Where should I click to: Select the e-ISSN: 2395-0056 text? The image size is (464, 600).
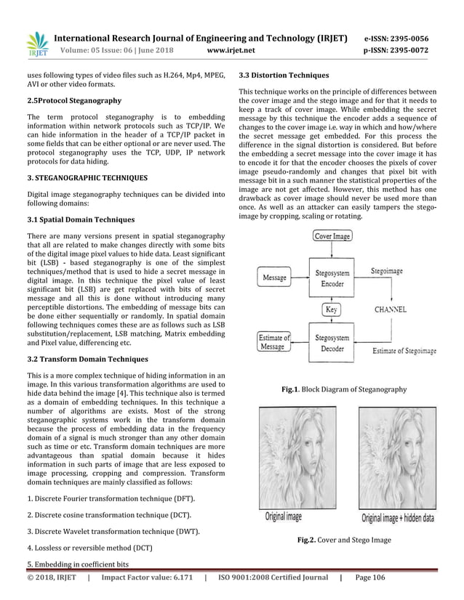pos(396,36)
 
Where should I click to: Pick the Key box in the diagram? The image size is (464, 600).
pos(332,309)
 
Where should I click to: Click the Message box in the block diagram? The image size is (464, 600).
pos(273,277)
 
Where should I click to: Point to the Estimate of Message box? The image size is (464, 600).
pos(273,341)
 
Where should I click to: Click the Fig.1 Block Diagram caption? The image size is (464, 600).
pos(343,390)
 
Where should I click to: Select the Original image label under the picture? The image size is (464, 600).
pos(283,517)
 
